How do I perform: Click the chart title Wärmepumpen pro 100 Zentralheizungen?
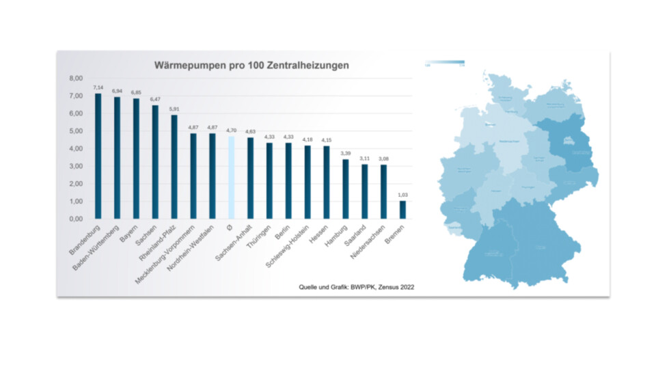point(251,66)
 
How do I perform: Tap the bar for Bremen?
point(402,210)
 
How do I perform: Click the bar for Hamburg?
point(345,189)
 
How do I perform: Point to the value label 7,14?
point(98,88)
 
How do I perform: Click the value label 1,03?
point(402,195)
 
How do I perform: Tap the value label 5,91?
point(174,109)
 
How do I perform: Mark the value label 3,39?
point(345,154)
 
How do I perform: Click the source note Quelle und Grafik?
point(355,287)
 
